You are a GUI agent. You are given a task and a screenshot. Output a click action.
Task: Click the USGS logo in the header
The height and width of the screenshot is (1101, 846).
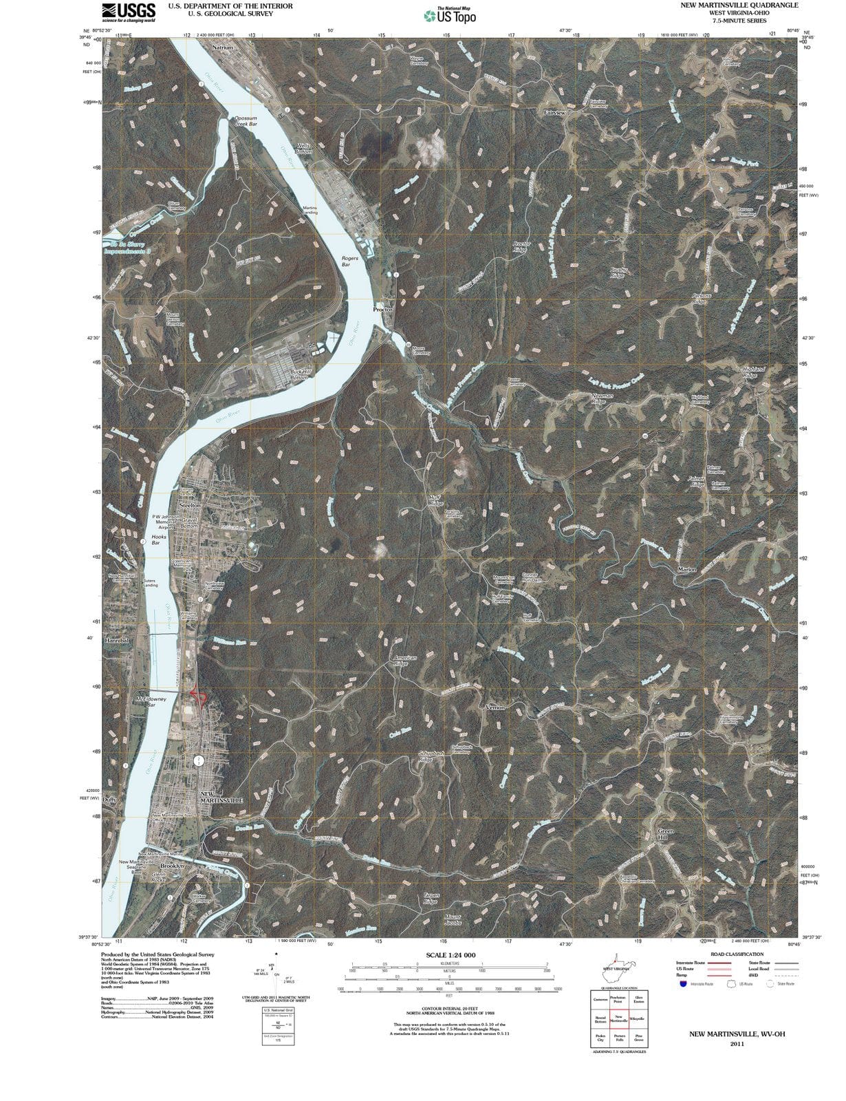point(129,12)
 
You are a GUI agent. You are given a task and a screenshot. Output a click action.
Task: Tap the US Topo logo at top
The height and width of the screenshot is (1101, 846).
point(450,15)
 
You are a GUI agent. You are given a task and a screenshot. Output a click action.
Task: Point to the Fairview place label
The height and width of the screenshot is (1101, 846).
point(554,111)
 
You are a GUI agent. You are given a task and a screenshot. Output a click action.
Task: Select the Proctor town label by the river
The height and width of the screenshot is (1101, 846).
point(383,310)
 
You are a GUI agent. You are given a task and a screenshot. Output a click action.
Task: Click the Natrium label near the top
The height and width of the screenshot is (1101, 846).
point(223,48)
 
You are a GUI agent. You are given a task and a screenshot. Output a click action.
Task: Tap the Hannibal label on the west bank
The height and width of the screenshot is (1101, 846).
point(116,641)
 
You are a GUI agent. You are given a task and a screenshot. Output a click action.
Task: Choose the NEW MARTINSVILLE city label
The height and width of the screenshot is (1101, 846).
point(221,798)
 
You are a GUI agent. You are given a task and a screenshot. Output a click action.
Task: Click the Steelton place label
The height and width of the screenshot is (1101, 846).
point(190,505)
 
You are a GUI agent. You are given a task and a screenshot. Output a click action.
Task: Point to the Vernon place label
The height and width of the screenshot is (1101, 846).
point(495,707)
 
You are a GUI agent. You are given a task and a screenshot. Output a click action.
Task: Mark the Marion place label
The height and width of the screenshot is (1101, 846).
point(687,570)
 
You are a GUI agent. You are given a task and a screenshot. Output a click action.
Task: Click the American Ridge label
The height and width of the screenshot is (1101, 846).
point(404,661)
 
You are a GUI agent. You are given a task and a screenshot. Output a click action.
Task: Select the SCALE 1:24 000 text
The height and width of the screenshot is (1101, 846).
point(451,955)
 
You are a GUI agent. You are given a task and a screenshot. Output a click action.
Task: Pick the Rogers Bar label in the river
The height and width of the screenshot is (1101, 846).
point(350,261)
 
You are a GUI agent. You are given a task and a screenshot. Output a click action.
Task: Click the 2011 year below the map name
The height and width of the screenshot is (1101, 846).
point(737,1043)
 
